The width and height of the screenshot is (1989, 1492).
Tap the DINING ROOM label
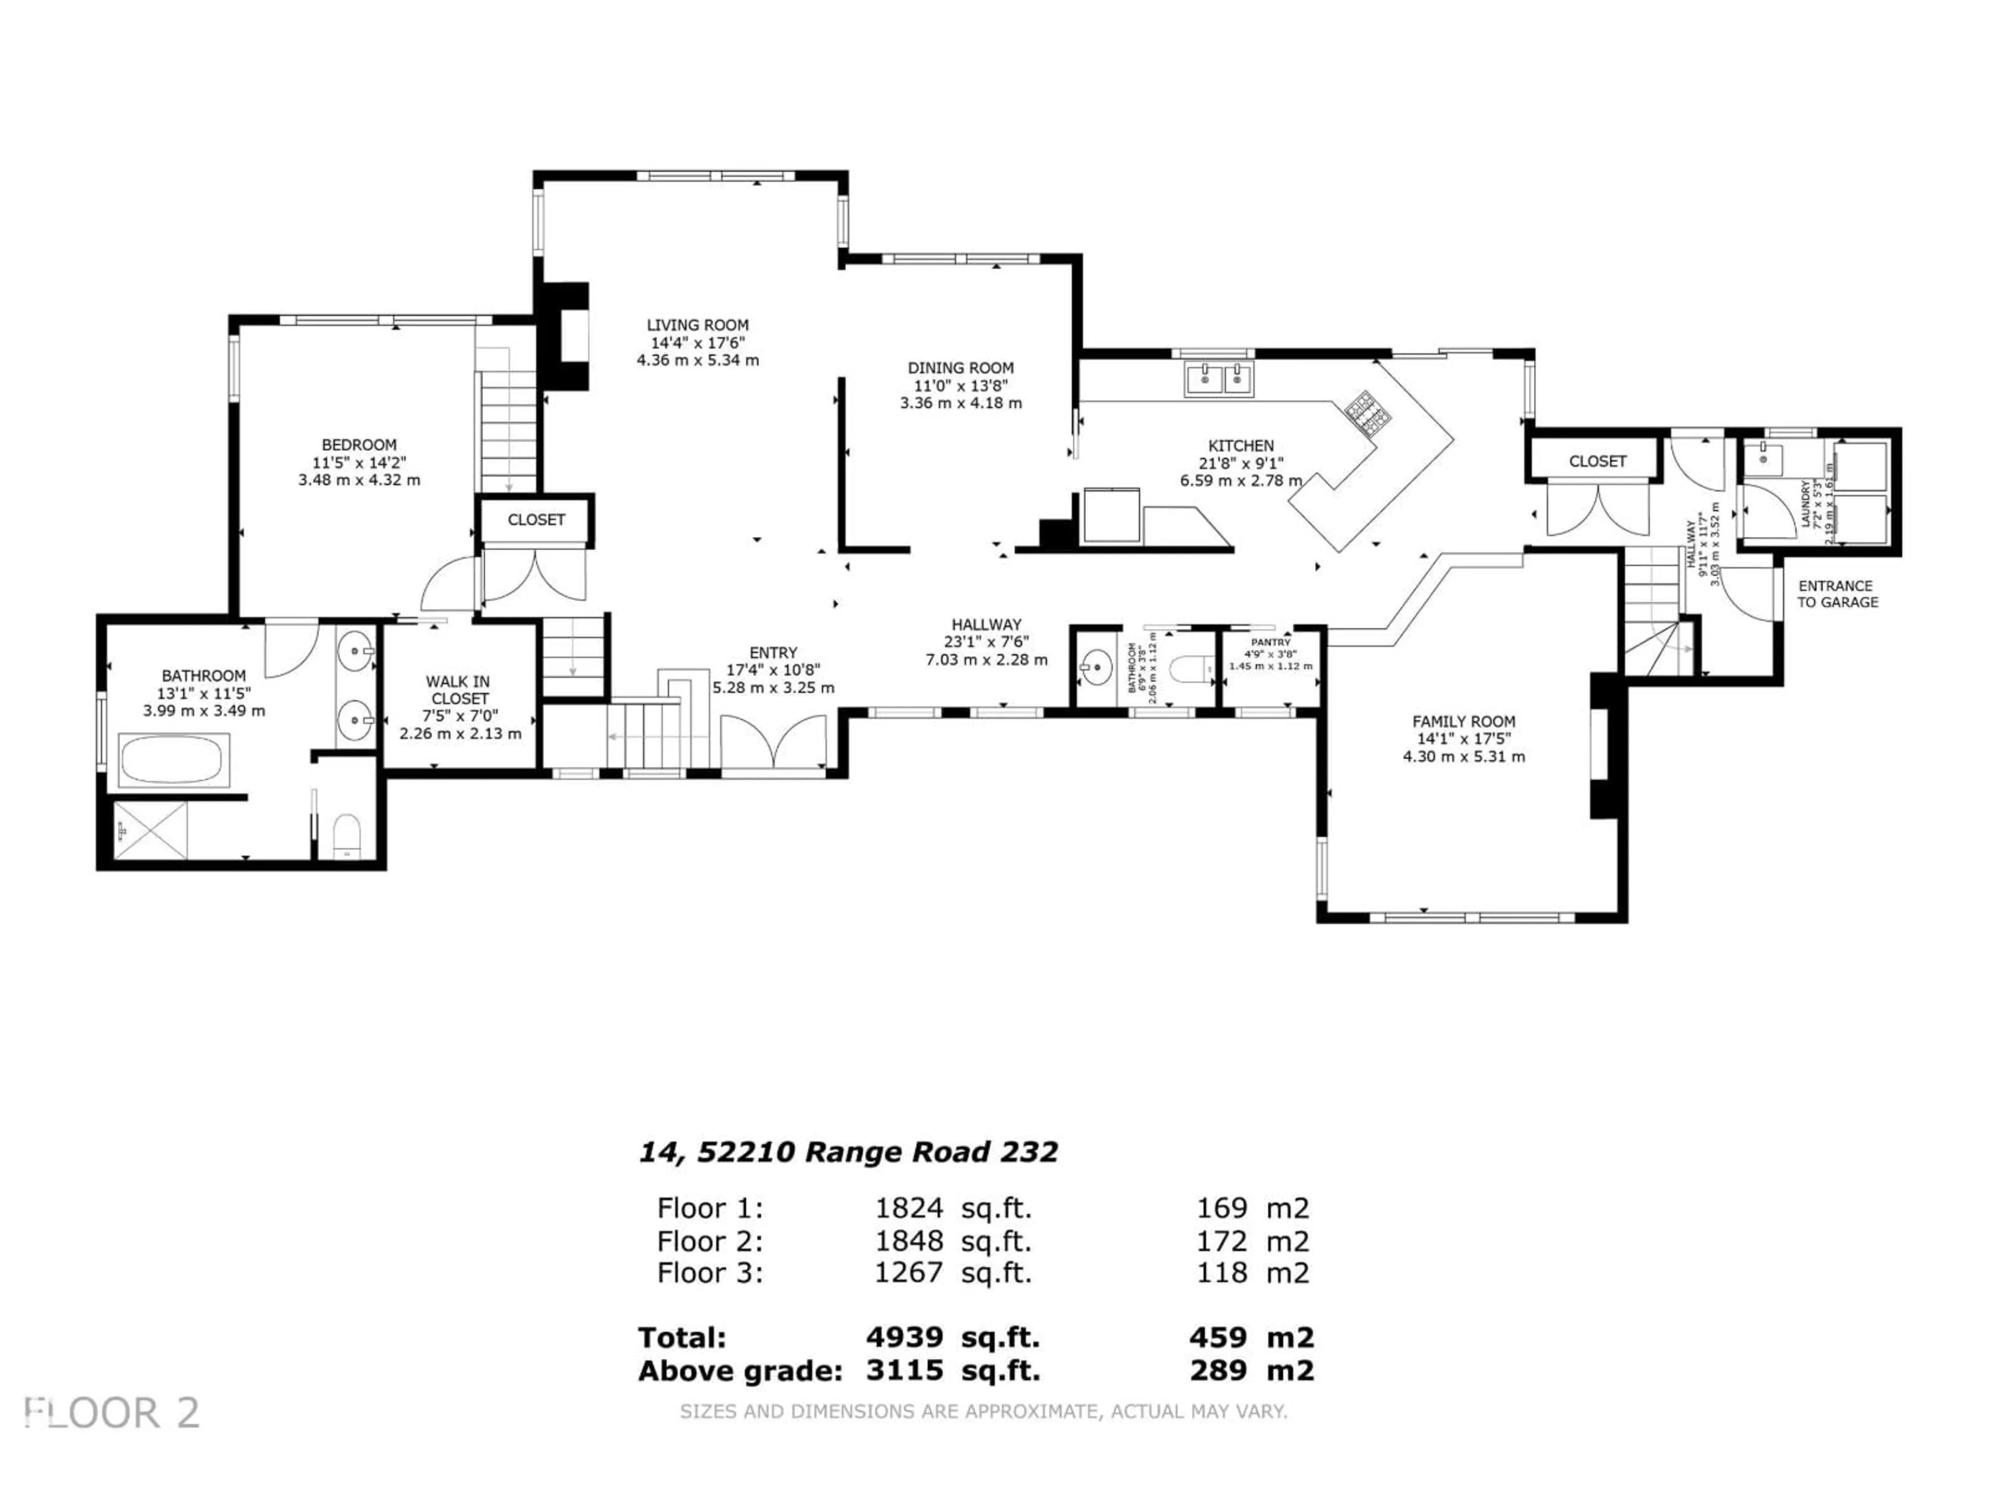[x=960, y=368]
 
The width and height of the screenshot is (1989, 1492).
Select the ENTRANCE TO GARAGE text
[x=1837, y=594]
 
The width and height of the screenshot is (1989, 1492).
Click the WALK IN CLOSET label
[x=458, y=690]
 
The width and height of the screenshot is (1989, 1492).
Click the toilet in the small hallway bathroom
[x=1189, y=669]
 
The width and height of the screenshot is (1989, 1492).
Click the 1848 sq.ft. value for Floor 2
[x=953, y=1241]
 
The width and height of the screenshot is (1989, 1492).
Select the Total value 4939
[x=904, y=1337]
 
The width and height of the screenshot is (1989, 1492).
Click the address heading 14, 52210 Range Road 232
[x=848, y=1152]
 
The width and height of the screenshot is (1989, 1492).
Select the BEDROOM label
[x=359, y=445]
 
